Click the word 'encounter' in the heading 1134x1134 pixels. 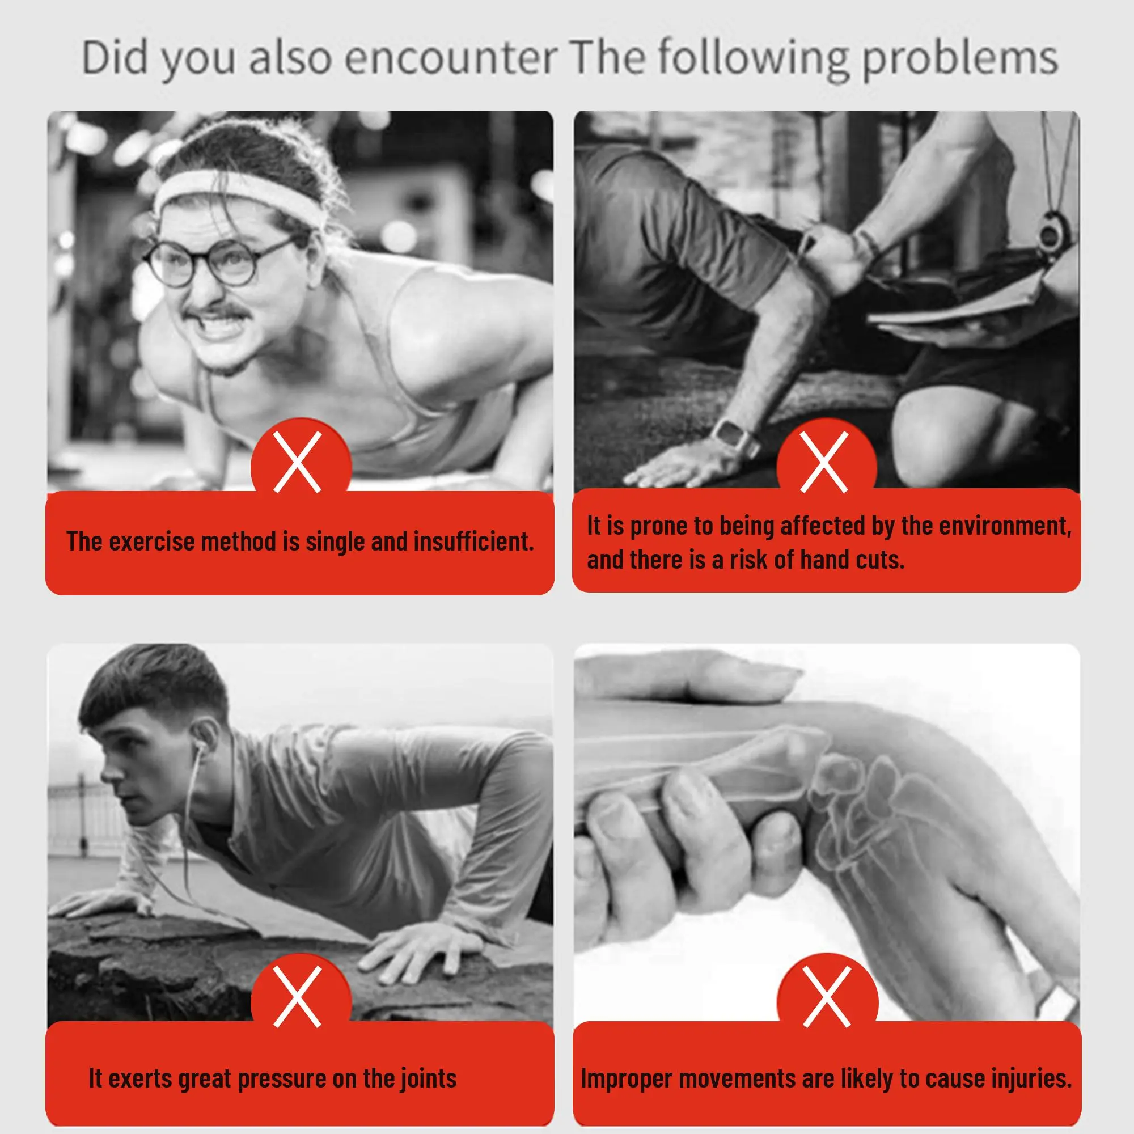tap(451, 57)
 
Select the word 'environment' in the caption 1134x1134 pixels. tap(1004, 526)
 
